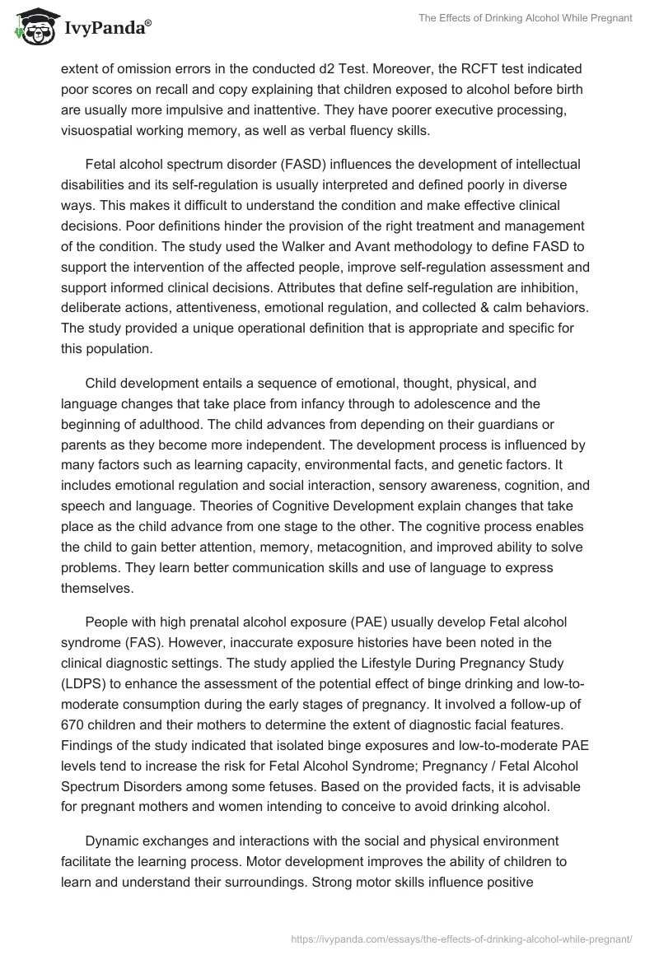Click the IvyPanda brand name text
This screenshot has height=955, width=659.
(106, 27)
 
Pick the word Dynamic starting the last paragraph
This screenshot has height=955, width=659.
(113, 841)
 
